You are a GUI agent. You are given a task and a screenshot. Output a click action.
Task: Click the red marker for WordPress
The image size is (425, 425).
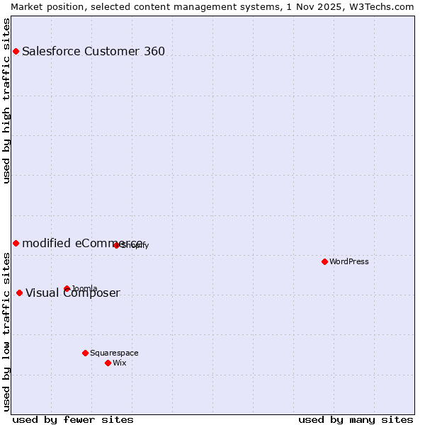(324, 261)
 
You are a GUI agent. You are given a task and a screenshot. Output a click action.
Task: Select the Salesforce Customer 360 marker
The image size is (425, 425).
(16, 51)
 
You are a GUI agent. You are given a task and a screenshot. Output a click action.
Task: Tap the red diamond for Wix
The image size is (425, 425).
(108, 363)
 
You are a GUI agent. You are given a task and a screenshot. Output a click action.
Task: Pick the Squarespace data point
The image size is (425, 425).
(85, 353)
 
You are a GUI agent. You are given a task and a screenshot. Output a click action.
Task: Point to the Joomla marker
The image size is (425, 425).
(67, 288)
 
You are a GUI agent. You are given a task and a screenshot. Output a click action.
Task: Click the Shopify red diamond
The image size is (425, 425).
(116, 245)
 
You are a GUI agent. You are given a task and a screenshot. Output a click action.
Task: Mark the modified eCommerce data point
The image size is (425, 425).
(16, 243)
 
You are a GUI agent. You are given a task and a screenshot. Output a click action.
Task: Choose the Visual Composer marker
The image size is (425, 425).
(19, 293)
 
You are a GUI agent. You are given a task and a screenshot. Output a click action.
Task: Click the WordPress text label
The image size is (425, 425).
(349, 261)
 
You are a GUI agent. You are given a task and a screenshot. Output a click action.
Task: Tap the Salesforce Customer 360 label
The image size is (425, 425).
(93, 51)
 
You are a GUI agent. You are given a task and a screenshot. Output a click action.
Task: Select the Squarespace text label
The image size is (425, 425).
(114, 353)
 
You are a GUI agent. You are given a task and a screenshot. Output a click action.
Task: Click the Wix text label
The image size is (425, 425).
(120, 363)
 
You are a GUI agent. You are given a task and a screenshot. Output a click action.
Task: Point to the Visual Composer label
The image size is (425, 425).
(73, 293)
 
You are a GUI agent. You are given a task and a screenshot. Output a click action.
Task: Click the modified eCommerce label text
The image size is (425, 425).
(83, 243)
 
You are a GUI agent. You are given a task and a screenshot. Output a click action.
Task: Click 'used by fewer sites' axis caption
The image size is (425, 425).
(73, 420)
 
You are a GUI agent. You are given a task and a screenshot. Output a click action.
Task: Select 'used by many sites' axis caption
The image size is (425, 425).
(356, 420)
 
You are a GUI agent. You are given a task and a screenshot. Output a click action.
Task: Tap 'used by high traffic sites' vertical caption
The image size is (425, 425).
(6, 100)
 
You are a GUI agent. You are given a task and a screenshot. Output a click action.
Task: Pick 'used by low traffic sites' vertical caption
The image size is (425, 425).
(6, 331)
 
